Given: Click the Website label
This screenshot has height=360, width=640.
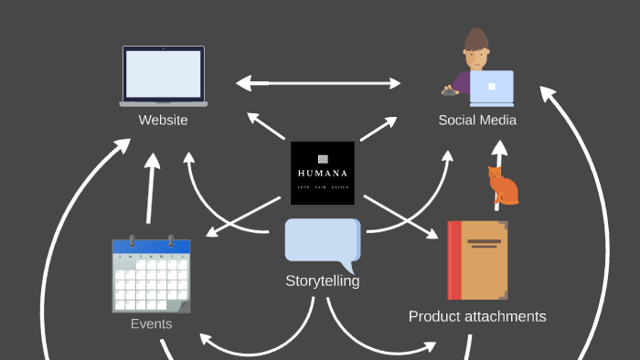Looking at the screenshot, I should coord(163,120).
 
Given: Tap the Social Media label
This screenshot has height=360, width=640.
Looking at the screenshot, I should coord(477,120).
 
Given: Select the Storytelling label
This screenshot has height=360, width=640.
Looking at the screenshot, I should coord(322,281).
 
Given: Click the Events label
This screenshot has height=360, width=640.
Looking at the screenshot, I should coord(151,323).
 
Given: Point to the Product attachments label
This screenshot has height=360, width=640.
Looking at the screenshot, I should coord(477,316).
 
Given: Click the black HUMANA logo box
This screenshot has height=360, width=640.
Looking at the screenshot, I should coord(322,173).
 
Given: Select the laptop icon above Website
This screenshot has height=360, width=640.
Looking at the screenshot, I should coord(163,76).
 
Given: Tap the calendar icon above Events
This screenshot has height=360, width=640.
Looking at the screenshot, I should coord(151,274).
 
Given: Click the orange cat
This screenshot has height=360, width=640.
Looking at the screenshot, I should coord(502,186).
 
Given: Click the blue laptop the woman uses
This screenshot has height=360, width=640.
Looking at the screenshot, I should coord(491,88).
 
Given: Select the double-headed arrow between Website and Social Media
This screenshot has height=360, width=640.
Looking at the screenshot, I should coord(318,83).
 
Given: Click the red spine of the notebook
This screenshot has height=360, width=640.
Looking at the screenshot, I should coord(453,260).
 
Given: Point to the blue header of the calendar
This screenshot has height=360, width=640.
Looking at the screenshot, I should coord(151,247).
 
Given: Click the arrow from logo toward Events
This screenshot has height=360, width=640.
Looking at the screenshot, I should coord(242,217).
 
